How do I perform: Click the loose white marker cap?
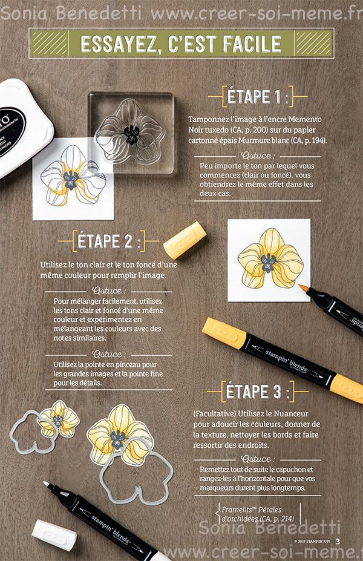click(x=54, y=534)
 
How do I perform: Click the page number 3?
click(x=338, y=540)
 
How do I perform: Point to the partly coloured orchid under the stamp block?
click(x=71, y=176)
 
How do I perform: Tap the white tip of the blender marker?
click(x=47, y=485)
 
